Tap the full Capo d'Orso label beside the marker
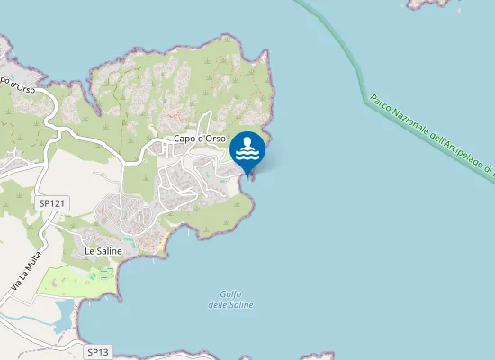coord(199,139)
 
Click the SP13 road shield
coord(99,351)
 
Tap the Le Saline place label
coord(103,251)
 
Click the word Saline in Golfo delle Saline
coord(240,305)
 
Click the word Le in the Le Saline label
coord(90,251)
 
